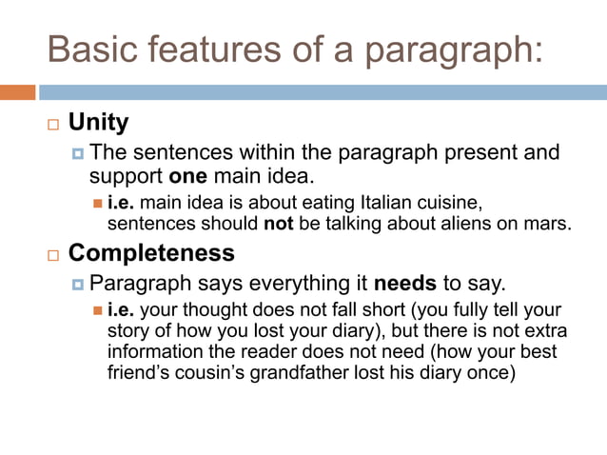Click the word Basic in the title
tap(87, 49)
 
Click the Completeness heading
tap(151, 253)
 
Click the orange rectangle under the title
tap(17, 92)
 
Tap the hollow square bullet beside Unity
tap(51, 125)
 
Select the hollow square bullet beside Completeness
tap(51, 255)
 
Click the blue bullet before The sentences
tap(78, 153)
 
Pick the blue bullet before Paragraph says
tap(78, 284)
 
